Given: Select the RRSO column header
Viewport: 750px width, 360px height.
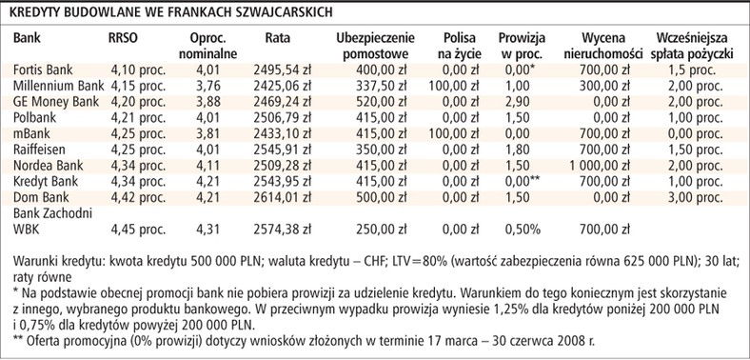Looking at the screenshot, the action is coord(126,37).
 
